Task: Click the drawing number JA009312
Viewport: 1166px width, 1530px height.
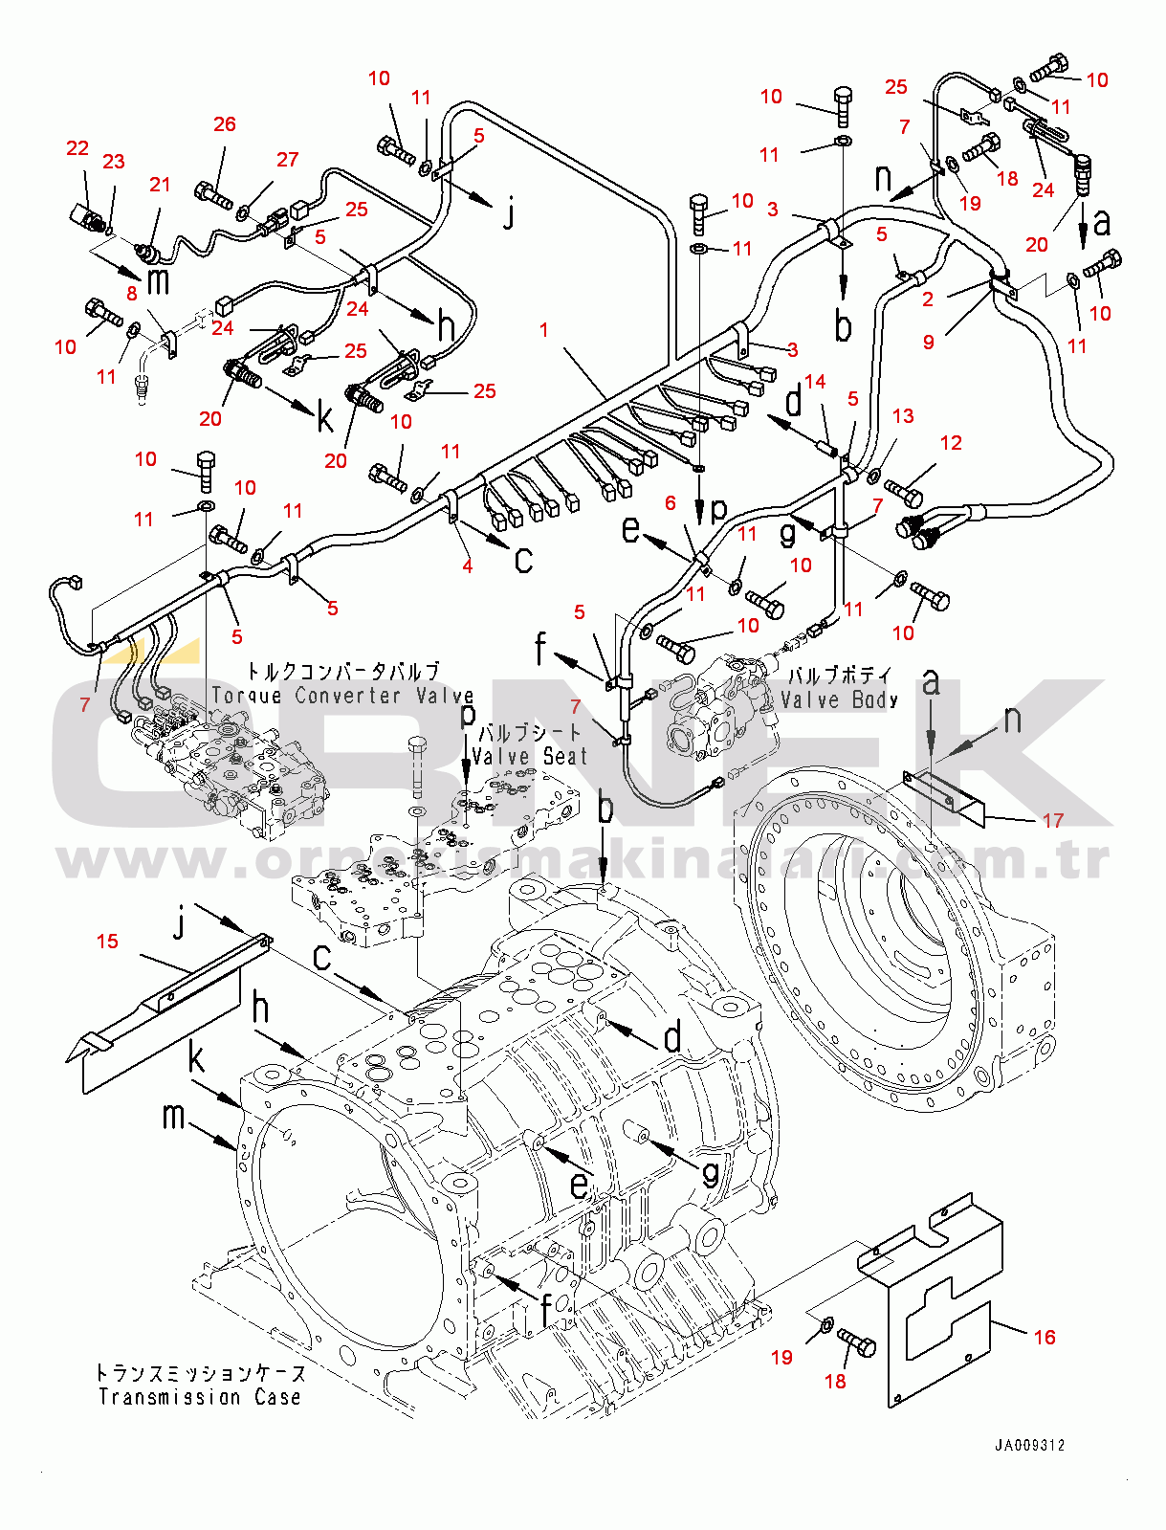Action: pos(1029,1445)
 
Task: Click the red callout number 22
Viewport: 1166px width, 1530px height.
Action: pos(77,148)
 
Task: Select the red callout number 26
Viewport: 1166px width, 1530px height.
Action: pos(225,124)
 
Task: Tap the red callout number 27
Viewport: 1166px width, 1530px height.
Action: pos(287,160)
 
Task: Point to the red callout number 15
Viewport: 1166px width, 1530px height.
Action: pos(107,942)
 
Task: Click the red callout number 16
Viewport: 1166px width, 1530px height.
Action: pos(1045,1337)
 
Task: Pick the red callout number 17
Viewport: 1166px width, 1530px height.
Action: pos(1052,820)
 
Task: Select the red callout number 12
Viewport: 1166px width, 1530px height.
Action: pos(951,442)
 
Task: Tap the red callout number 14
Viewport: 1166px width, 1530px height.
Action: pos(815,382)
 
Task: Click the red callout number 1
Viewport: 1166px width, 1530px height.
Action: pos(544,329)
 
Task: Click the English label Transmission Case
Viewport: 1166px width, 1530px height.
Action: pos(200,1397)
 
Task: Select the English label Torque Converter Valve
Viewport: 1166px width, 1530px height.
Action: pos(342,696)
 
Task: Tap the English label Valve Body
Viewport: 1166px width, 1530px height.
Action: pos(839,699)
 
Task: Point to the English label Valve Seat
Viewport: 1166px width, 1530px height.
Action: pos(530,756)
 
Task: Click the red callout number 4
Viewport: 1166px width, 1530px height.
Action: pos(468,566)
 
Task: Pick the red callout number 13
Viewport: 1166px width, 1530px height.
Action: pos(903,416)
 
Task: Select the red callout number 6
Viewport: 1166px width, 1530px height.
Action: pos(671,502)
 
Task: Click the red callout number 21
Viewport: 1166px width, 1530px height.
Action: pos(160,185)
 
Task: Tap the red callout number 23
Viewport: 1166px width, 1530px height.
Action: pos(114,162)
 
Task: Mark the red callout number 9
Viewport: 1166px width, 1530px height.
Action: pos(929,342)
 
